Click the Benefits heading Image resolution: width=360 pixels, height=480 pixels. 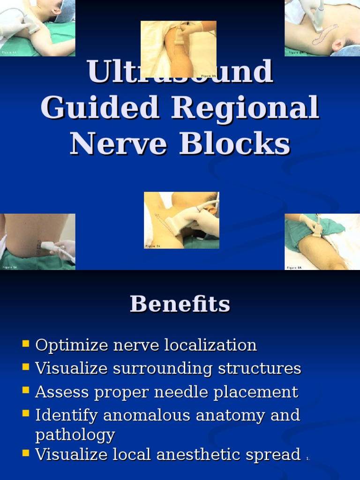pos(180,304)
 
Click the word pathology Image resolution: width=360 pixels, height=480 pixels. pos(75,435)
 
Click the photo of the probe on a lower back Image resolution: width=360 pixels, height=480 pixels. pos(37,241)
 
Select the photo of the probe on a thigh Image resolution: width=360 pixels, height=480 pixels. pos(322,241)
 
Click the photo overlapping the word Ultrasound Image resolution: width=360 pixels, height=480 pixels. pos(179,49)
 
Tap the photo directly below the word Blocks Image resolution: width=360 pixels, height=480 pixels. pos(181,220)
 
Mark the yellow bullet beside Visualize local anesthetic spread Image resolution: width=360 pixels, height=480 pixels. pos(26,453)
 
